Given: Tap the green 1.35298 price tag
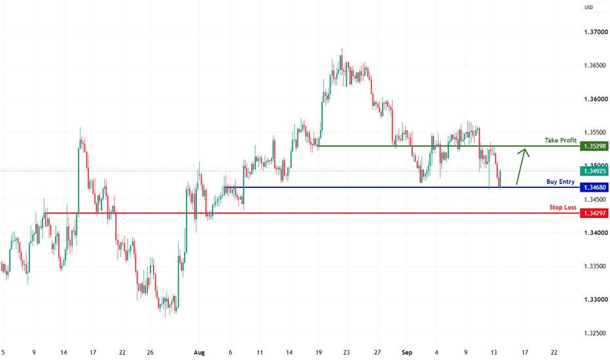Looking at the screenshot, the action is click(x=594, y=147).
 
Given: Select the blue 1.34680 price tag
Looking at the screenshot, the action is click(x=594, y=188).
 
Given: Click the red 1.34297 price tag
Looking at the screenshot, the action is click(x=594, y=213).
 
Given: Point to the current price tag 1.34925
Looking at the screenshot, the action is click(x=594, y=171).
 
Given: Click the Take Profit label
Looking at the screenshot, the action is click(x=561, y=140).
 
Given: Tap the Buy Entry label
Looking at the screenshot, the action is click(x=561, y=182).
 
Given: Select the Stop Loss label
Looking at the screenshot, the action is click(x=563, y=207).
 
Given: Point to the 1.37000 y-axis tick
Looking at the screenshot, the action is click(x=596, y=32).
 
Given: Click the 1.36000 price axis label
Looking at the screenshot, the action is click(x=596, y=99).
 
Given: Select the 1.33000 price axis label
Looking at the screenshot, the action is click(x=596, y=300).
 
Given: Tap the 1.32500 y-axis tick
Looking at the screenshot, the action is click(x=596, y=334).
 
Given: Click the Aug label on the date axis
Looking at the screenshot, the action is click(x=199, y=353).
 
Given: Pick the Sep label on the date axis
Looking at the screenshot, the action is click(x=407, y=353).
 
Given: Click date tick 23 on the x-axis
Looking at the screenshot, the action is click(x=346, y=353).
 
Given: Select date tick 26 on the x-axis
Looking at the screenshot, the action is click(x=150, y=353).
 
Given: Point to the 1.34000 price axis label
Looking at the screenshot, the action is click(x=596, y=233).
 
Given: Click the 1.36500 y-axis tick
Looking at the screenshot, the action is click(x=596, y=65).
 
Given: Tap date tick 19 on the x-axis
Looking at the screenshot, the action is click(x=319, y=353).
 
